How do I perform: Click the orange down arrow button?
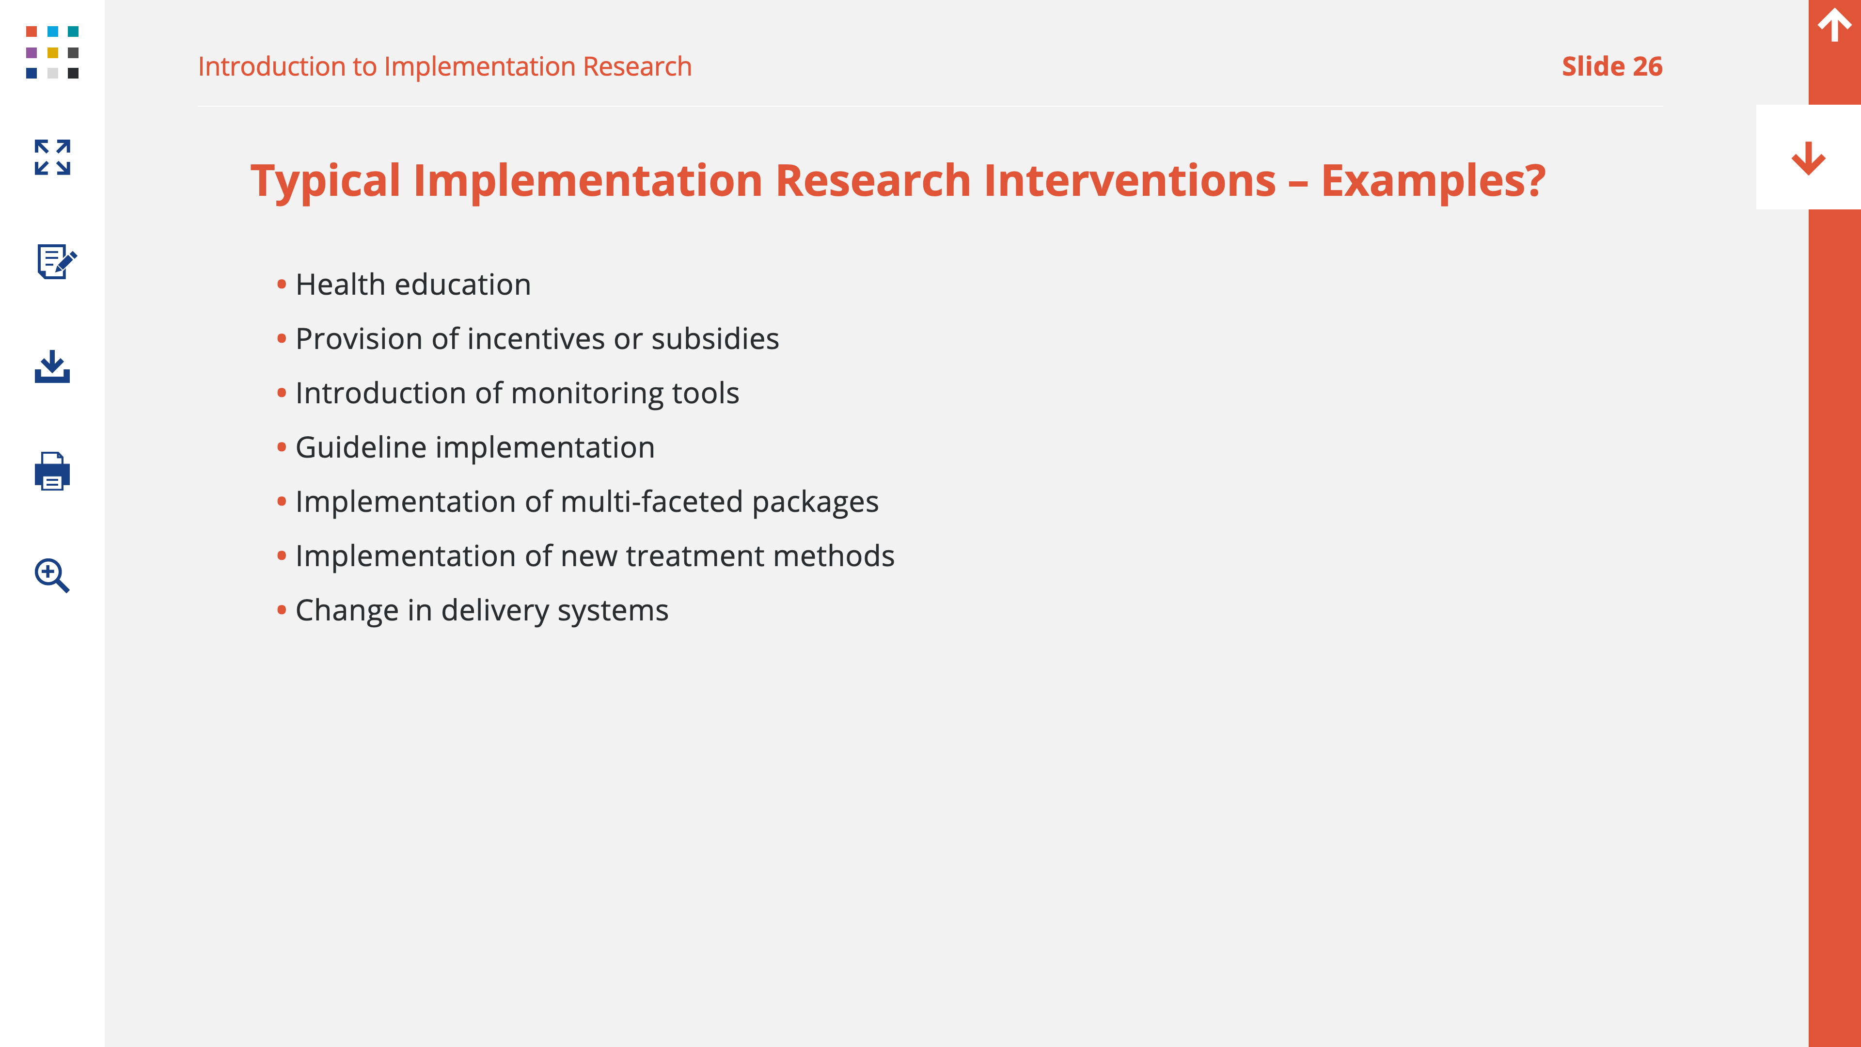(x=1808, y=158)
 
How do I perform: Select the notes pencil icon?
(x=56, y=261)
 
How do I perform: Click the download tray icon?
(x=52, y=366)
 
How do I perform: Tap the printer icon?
(x=52, y=471)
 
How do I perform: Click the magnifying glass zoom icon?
(x=52, y=575)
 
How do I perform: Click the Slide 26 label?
(x=1612, y=66)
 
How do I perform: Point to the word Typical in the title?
(x=325, y=181)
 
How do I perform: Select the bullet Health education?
(x=413, y=285)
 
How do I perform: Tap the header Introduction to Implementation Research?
(x=445, y=66)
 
